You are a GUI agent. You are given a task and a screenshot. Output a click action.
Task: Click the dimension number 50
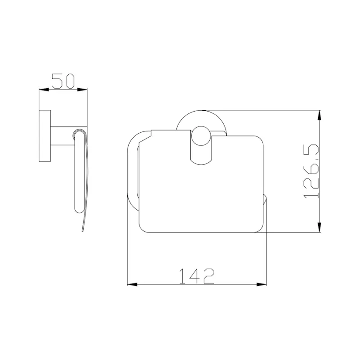point(63,81)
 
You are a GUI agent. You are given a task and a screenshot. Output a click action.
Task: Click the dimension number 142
point(197,276)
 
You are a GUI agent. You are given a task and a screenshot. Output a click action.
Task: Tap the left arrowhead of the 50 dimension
point(44,90)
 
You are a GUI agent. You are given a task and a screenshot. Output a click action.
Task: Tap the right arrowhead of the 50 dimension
point(82,90)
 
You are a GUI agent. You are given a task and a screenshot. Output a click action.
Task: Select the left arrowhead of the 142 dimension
point(132,284)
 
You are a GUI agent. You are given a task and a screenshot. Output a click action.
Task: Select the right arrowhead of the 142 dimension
point(261,284)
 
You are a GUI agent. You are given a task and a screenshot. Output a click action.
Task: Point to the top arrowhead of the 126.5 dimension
point(319,115)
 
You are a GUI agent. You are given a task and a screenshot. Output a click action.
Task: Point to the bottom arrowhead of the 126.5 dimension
point(319,227)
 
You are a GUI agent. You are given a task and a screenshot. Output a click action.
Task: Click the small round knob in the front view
point(201,136)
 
